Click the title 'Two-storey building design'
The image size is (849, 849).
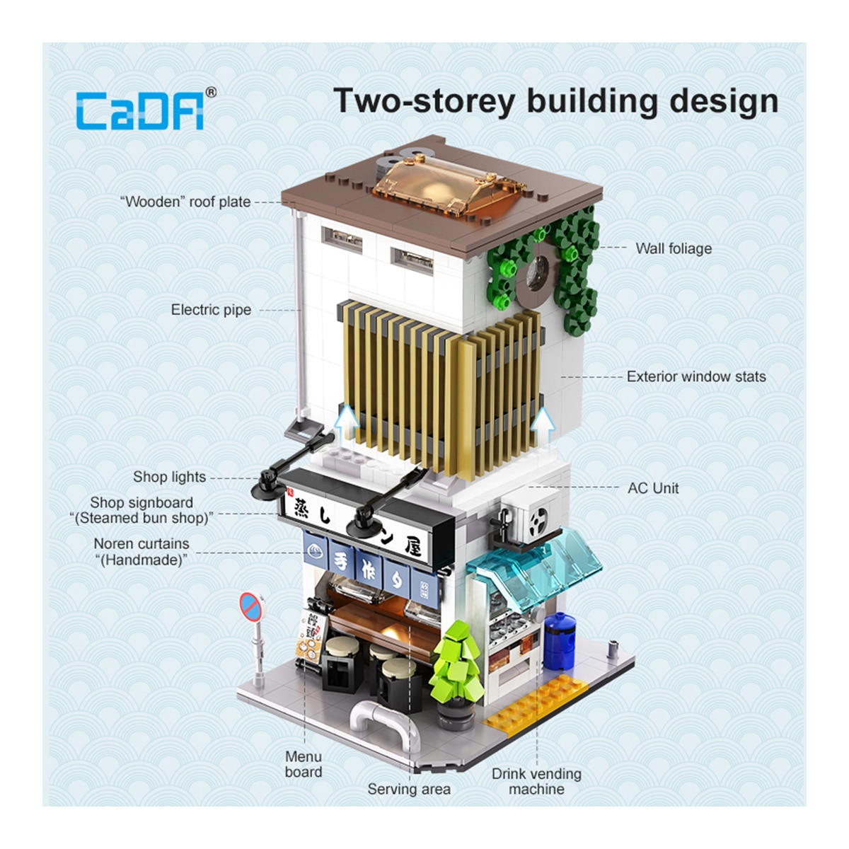(555, 102)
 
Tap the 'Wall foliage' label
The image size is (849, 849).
(674, 248)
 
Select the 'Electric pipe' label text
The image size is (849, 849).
(211, 310)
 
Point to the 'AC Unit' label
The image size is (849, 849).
(653, 488)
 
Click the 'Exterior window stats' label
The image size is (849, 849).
(696, 376)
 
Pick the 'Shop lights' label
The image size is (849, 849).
(169, 477)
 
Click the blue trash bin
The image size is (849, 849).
(559, 640)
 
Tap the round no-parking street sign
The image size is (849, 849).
(252, 606)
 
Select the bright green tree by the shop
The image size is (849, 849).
(457, 661)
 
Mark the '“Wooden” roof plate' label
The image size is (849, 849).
(185, 202)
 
